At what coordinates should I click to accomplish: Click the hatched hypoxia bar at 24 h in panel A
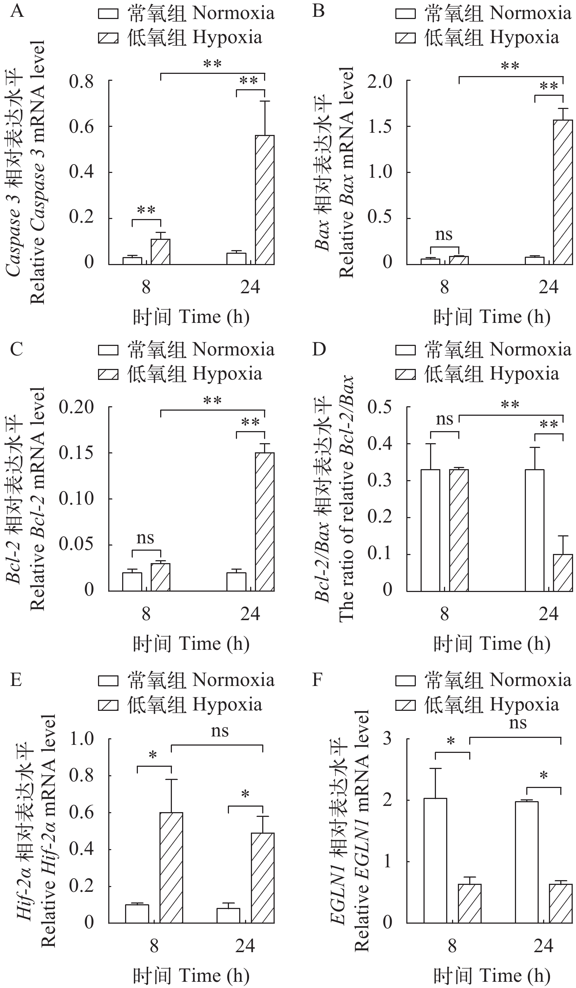[x=265, y=200]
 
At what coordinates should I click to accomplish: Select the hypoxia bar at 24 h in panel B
[x=563, y=192]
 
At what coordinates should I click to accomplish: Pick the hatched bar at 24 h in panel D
[x=563, y=572]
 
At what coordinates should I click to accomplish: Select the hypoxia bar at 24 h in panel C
[x=265, y=522]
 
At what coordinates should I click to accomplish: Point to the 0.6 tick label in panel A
[x=82, y=127]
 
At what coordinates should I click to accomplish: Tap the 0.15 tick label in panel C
[x=76, y=453]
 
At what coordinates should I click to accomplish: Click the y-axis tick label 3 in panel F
[x=387, y=739]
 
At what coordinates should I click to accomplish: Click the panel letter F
[x=317, y=679]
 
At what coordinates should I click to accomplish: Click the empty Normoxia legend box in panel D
[x=405, y=350]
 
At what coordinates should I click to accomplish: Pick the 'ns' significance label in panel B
[x=444, y=234]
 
